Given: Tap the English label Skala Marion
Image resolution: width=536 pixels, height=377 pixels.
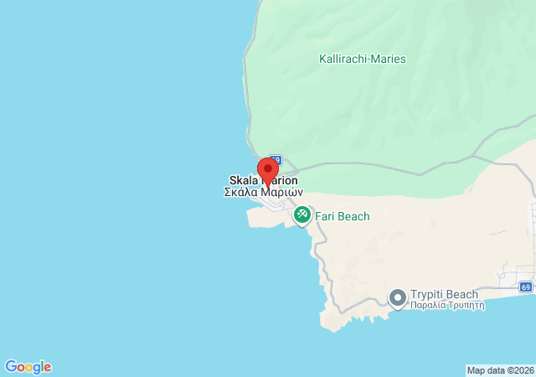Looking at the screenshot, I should pyautogui.click(x=262, y=180).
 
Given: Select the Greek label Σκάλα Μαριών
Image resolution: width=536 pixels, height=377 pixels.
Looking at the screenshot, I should pyautogui.click(x=263, y=192).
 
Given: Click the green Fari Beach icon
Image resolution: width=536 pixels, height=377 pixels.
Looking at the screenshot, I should pyautogui.click(x=301, y=216).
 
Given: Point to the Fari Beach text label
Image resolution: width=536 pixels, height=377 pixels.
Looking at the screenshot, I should pyautogui.click(x=342, y=216).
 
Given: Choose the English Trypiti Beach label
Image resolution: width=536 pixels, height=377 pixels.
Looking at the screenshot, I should pyautogui.click(x=445, y=294).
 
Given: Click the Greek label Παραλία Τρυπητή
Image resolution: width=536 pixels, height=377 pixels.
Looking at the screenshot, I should pyautogui.click(x=447, y=306).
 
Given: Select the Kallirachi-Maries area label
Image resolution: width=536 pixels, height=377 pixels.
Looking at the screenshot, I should pyautogui.click(x=363, y=59).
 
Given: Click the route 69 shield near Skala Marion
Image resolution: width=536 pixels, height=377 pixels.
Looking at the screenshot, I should pyautogui.click(x=276, y=159).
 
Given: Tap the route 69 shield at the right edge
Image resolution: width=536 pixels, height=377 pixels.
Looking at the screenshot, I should pyautogui.click(x=525, y=287).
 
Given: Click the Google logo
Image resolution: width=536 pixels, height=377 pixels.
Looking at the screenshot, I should pyautogui.click(x=28, y=367).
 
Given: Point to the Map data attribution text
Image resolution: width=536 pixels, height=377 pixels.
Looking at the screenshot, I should pyautogui.click(x=500, y=370).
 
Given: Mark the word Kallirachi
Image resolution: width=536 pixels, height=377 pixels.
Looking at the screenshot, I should pyautogui.click(x=344, y=59).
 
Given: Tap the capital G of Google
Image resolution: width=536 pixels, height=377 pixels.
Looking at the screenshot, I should pyautogui.click(x=11, y=367).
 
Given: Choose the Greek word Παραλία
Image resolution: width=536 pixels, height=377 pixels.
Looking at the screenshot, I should pyautogui.click(x=427, y=306).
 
